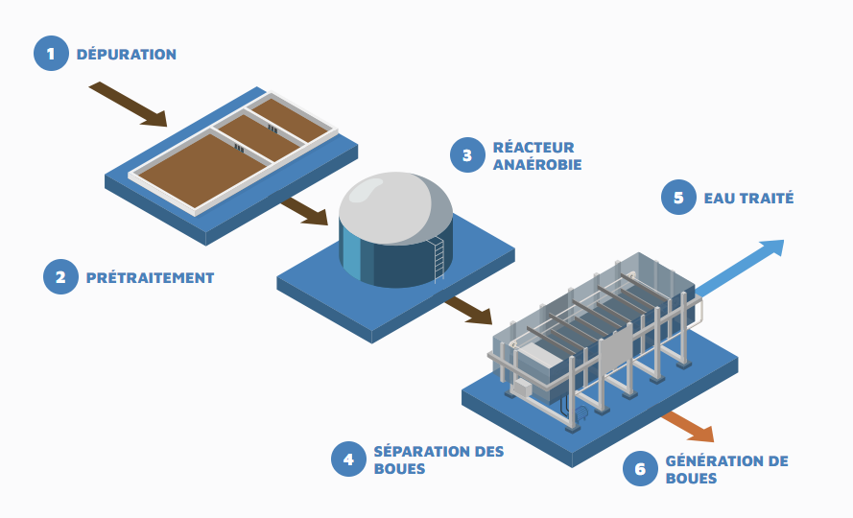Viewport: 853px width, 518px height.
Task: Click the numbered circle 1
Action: pyautogui.click(x=51, y=54)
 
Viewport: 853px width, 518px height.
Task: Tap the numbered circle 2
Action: pyautogui.click(x=60, y=277)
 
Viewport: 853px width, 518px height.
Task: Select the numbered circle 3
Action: pyautogui.click(x=467, y=155)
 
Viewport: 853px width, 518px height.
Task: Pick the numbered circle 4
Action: pyautogui.click(x=348, y=459)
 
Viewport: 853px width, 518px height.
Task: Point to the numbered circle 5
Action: pyautogui.click(x=678, y=199)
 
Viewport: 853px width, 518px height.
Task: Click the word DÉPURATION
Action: pyautogui.click(x=127, y=55)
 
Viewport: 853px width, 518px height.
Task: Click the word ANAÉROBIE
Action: pyautogui.click(x=536, y=165)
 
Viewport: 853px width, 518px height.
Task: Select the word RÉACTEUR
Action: pyautogui.click(x=533, y=148)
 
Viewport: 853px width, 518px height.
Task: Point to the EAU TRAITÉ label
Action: pyautogui.click(x=748, y=199)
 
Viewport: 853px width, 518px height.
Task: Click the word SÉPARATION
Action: pyautogui.click(x=415, y=452)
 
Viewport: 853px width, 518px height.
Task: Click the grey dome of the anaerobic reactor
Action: pyautogui.click(x=395, y=204)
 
